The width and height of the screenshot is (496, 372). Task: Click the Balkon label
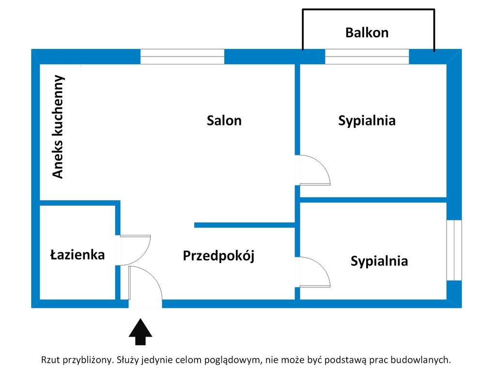pyautogui.click(x=367, y=32)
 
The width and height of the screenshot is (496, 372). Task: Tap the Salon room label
pyautogui.click(x=224, y=121)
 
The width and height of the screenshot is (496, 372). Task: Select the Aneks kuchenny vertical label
pyautogui.click(x=58, y=126)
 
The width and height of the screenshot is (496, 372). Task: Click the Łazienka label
pyautogui.click(x=77, y=255)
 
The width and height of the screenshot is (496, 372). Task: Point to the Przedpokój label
pyautogui.click(x=218, y=256)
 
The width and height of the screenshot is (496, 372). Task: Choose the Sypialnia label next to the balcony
pyautogui.click(x=367, y=121)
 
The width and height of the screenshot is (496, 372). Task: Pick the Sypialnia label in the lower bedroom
pyautogui.click(x=379, y=261)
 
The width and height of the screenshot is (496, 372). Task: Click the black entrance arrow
pyautogui.click(x=140, y=331)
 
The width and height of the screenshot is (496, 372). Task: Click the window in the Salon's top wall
pyautogui.click(x=182, y=57)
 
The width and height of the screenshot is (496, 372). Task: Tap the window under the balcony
pyautogui.click(x=367, y=57)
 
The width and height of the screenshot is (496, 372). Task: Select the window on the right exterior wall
pyautogui.click(x=454, y=250)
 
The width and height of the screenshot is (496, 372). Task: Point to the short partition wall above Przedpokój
pyautogui.click(x=245, y=225)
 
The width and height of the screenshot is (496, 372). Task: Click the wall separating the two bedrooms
pyautogui.click(x=373, y=200)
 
